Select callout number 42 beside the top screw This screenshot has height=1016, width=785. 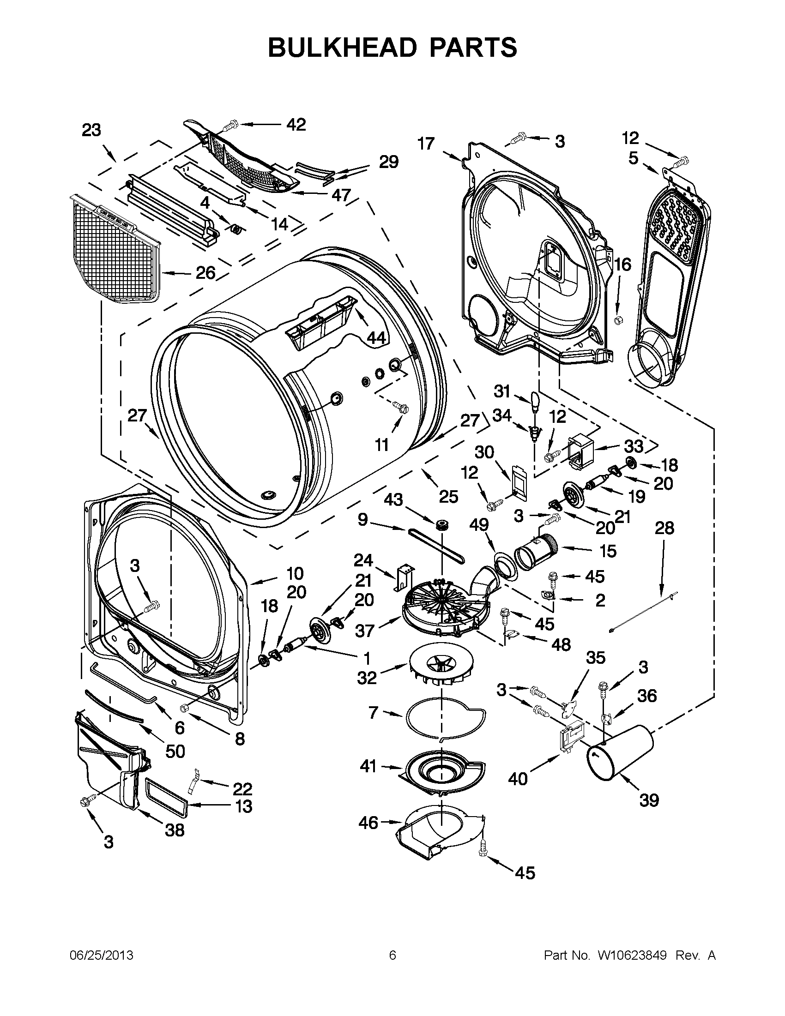click(x=296, y=124)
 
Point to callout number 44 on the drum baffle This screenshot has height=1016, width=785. click(x=376, y=338)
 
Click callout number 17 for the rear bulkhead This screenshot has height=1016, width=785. click(x=425, y=144)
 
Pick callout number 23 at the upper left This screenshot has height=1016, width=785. click(x=91, y=130)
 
